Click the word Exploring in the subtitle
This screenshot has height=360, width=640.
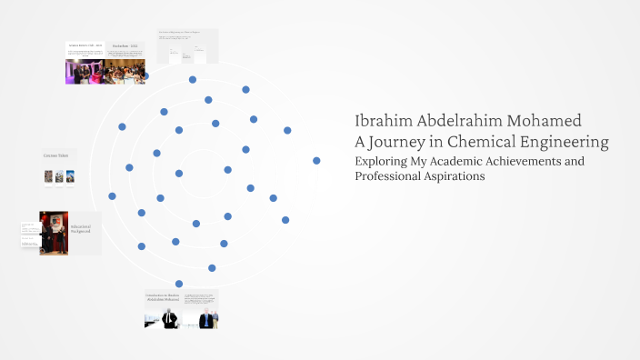coord(382,161)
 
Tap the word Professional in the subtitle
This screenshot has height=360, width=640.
coord(387,176)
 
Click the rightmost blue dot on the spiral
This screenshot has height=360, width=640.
coord(316,160)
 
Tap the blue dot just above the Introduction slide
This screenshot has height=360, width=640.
coord(179,284)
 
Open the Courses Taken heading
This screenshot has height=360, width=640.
coord(55,155)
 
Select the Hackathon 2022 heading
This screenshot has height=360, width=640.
coord(125,45)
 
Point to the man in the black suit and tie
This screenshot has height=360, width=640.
coord(170,318)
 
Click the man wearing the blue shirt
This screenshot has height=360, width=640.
coord(206,318)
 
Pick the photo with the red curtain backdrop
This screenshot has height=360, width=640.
coord(54,233)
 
